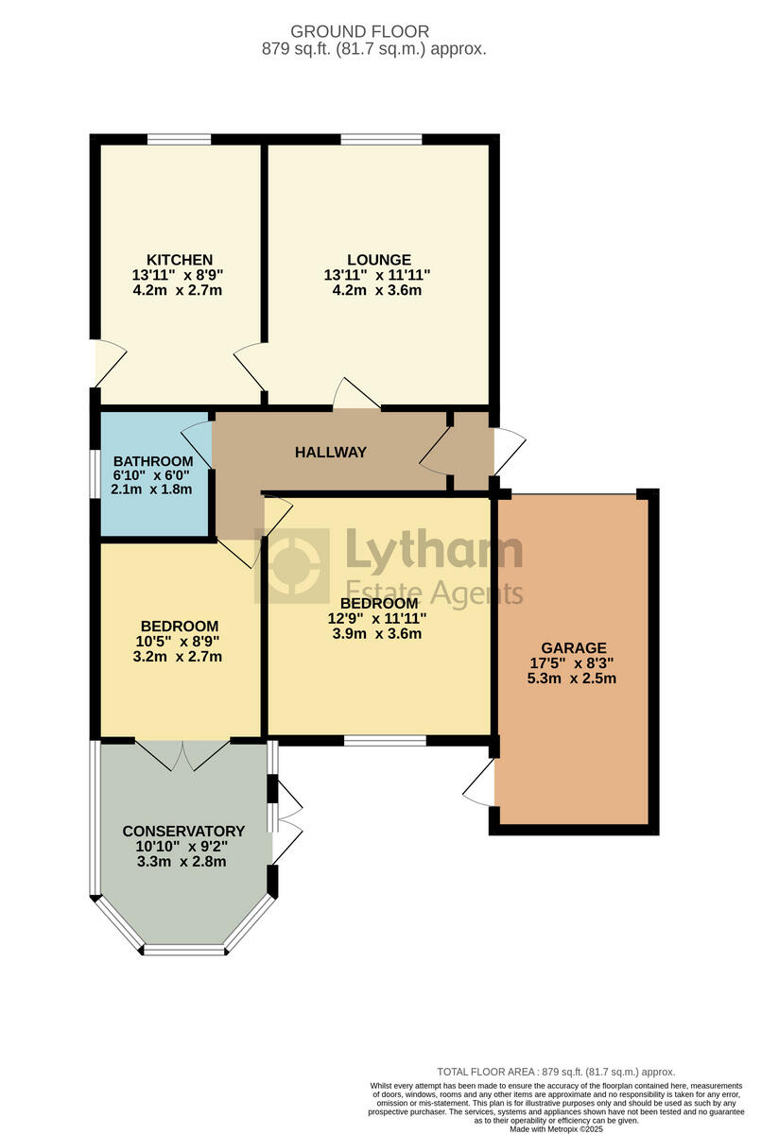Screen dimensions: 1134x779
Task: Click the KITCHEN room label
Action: (179, 260)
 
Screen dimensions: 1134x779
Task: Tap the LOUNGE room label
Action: (378, 260)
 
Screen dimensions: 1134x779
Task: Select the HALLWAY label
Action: (331, 453)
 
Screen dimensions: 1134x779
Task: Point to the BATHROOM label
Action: (151, 461)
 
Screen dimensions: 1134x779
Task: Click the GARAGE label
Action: (574, 648)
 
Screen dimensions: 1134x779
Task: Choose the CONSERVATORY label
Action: (183, 832)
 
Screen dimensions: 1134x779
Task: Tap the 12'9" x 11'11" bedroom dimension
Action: (378, 619)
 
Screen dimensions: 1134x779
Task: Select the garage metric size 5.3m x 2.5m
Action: (574, 679)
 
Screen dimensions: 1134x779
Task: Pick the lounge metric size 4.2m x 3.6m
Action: (378, 290)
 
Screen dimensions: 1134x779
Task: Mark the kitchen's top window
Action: (179, 140)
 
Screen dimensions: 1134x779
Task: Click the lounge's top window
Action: (381, 140)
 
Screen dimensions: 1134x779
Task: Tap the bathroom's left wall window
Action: (95, 472)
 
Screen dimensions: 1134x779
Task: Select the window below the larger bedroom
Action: (384, 741)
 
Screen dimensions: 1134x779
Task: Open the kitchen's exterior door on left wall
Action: (106, 361)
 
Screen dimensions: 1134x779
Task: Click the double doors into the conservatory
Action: (182, 753)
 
